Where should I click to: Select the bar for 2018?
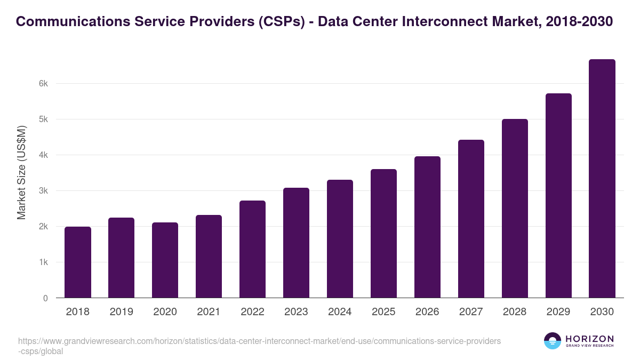(78, 262)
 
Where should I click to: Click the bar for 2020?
(165, 260)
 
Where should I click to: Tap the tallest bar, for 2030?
(602, 179)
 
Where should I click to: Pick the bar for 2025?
(383, 234)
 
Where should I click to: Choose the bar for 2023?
(296, 243)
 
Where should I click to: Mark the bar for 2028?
(515, 209)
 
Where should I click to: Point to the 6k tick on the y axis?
(44, 84)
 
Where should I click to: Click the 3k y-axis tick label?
(44, 191)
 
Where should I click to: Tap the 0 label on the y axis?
(45, 298)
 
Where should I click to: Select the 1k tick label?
(44, 262)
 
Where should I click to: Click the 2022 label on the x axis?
(252, 312)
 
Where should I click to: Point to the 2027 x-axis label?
(471, 312)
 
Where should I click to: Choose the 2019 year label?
(121, 312)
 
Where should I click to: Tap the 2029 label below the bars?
(558, 312)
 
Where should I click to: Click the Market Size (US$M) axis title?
(21, 172)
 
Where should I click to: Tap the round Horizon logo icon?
(553, 341)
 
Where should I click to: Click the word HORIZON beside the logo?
(589, 339)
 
